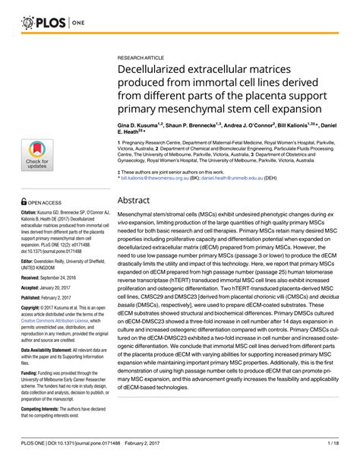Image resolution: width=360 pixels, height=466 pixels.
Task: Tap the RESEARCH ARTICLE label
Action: [144, 58]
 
